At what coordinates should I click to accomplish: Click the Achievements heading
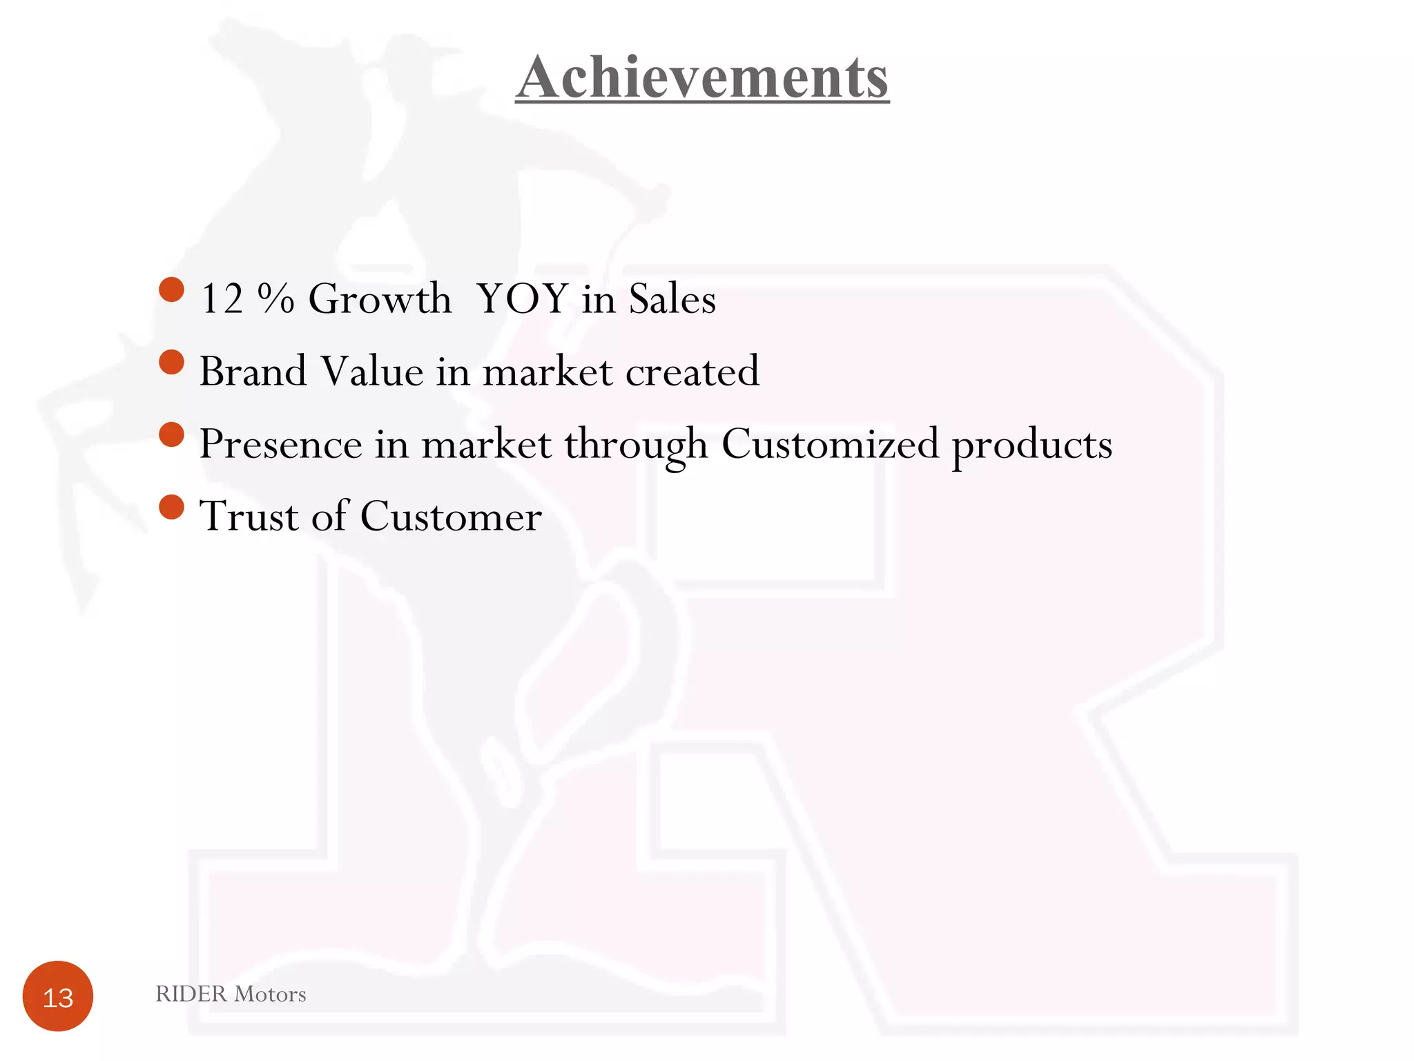[x=702, y=77]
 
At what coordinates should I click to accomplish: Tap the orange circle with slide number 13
[x=58, y=996]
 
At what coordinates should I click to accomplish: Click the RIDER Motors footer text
[x=231, y=994]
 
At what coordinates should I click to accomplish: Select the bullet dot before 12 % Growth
[x=171, y=289]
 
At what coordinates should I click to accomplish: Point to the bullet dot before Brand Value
[x=171, y=362]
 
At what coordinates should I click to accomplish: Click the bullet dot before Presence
[x=171, y=434]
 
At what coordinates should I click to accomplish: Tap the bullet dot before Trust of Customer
[x=171, y=506]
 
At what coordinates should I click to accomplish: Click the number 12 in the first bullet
[x=222, y=299]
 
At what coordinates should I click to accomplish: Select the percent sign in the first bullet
[x=276, y=299]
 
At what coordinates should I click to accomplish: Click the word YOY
[x=523, y=299]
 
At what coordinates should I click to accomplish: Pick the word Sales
[x=672, y=299]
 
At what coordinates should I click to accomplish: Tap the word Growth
[x=380, y=299]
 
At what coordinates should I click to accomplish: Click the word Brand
[x=253, y=372]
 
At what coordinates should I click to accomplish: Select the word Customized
[x=830, y=444]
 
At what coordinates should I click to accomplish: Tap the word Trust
[x=249, y=516]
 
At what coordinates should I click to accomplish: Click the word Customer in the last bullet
[x=451, y=516]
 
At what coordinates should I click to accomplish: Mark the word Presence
[x=280, y=444]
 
